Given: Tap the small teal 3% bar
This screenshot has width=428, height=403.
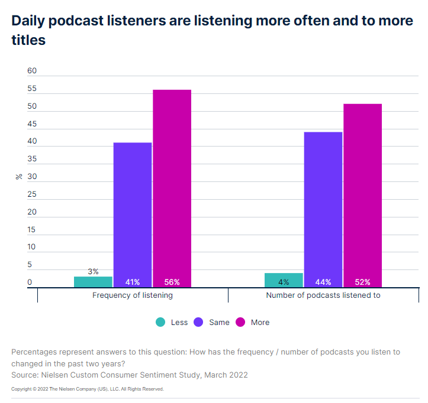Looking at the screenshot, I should click(93, 282).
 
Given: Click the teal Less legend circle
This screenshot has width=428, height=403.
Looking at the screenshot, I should click(160, 322).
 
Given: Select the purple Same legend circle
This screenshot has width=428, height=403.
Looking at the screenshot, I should click(198, 322).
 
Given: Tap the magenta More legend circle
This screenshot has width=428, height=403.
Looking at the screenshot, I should click(240, 322).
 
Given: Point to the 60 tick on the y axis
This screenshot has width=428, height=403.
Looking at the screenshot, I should click(32, 71).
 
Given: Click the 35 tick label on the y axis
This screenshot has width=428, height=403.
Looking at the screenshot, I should click(32, 159).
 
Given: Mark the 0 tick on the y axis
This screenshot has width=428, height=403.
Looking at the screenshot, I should click(30, 282).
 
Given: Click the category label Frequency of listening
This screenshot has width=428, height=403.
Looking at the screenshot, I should click(133, 295).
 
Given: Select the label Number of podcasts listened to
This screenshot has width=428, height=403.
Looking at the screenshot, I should click(323, 295).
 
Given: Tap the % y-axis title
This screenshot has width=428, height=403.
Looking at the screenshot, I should click(19, 176).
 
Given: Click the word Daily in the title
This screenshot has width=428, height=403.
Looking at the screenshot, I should click(30, 21).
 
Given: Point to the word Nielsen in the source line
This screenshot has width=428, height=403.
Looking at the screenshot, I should click(56, 375).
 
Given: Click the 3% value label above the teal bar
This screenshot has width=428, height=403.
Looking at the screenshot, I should click(93, 271).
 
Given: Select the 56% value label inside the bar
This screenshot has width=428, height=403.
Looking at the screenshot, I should click(172, 282).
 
